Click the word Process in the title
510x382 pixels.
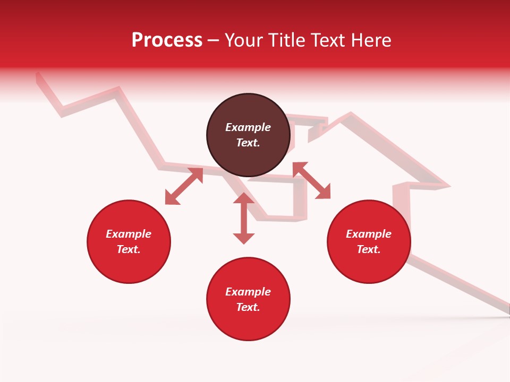(x=167, y=40)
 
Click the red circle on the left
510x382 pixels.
(x=129, y=241)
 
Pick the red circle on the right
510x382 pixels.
(x=369, y=241)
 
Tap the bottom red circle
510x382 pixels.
(x=248, y=299)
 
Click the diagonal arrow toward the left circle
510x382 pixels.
(x=184, y=186)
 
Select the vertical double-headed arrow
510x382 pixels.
(x=244, y=218)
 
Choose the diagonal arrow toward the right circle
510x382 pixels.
(x=311, y=181)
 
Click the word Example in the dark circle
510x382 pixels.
(x=248, y=127)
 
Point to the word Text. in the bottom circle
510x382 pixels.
(x=248, y=307)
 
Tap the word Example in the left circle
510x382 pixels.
(x=129, y=234)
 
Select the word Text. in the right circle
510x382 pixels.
(x=369, y=249)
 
